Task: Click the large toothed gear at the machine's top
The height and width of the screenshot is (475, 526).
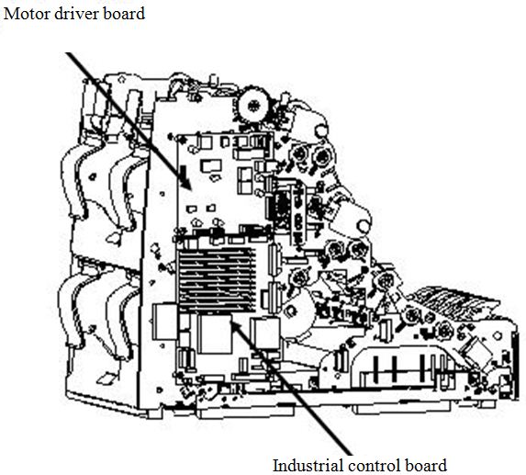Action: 253,106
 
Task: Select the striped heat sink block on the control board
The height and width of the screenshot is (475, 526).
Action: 217,280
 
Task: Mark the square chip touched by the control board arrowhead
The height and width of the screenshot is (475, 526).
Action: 215,334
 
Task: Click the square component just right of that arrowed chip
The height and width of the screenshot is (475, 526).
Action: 265,334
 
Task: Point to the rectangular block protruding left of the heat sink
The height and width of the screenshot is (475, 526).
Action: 164,322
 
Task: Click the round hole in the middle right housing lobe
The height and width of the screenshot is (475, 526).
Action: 363,226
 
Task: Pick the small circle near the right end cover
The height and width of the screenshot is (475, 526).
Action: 498,335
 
